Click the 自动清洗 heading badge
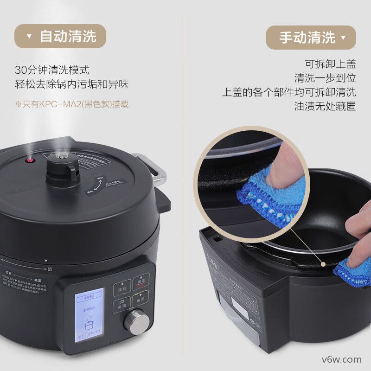coord(60,37)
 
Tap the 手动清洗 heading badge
coord(311,38)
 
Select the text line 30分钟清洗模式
coord(52,70)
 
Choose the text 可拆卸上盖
coord(330,64)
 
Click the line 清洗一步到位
coord(325,78)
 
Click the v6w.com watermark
coord(342,359)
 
